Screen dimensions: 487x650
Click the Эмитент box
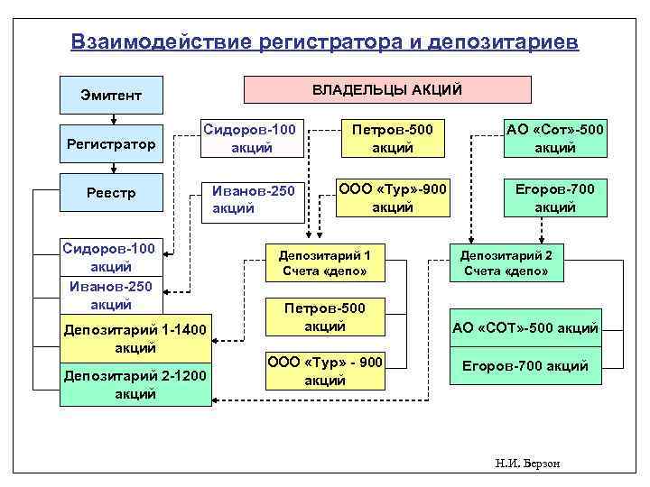click(x=111, y=95)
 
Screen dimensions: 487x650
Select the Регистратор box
click(x=111, y=143)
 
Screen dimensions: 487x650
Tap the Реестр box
click(x=111, y=192)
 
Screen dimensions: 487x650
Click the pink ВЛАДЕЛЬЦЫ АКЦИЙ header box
click(x=388, y=89)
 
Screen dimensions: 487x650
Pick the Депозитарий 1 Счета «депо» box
click(x=324, y=262)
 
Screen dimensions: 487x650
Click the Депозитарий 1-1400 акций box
click(x=135, y=337)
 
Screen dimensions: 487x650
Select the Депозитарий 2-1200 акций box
click(x=135, y=385)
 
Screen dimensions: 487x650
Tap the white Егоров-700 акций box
click(x=525, y=366)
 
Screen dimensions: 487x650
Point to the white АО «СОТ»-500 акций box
click(x=525, y=327)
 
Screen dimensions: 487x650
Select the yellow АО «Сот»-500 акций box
click(x=554, y=138)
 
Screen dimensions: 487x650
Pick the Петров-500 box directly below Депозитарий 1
click(x=324, y=317)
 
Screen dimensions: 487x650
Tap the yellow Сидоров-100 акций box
click(x=251, y=138)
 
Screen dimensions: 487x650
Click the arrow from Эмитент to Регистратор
click(x=113, y=117)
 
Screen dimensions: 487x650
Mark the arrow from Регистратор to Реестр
click(x=113, y=166)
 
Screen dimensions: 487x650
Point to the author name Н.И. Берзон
click(x=528, y=463)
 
